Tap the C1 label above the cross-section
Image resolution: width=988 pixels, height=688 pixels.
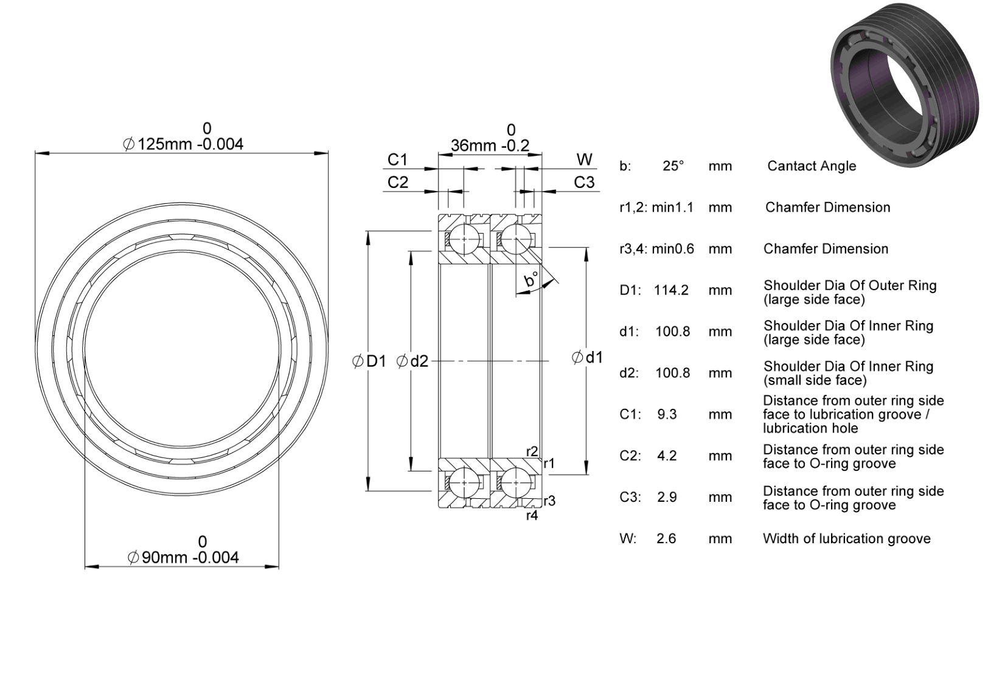point(397,159)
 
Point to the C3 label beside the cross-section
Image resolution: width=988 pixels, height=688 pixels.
point(584,182)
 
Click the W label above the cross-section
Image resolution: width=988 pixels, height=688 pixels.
point(585,159)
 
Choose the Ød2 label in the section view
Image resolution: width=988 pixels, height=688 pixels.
point(412,361)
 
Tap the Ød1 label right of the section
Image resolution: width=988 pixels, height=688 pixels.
point(587,357)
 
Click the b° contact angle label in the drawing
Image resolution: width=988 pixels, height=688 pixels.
point(531,279)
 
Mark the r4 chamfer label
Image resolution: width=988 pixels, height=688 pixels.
point(532,516)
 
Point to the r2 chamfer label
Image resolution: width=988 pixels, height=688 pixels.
point(532,451)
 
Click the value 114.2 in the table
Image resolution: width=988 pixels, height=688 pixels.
point(671,290)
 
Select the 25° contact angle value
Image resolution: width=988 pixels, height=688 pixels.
point(673,166)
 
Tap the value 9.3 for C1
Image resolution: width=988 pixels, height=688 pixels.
point(667,414)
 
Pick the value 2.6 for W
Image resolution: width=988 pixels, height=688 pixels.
point(666,538)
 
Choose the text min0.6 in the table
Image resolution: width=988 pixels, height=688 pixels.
point(673,249)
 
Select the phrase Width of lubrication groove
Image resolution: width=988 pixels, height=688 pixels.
point(846,538)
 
